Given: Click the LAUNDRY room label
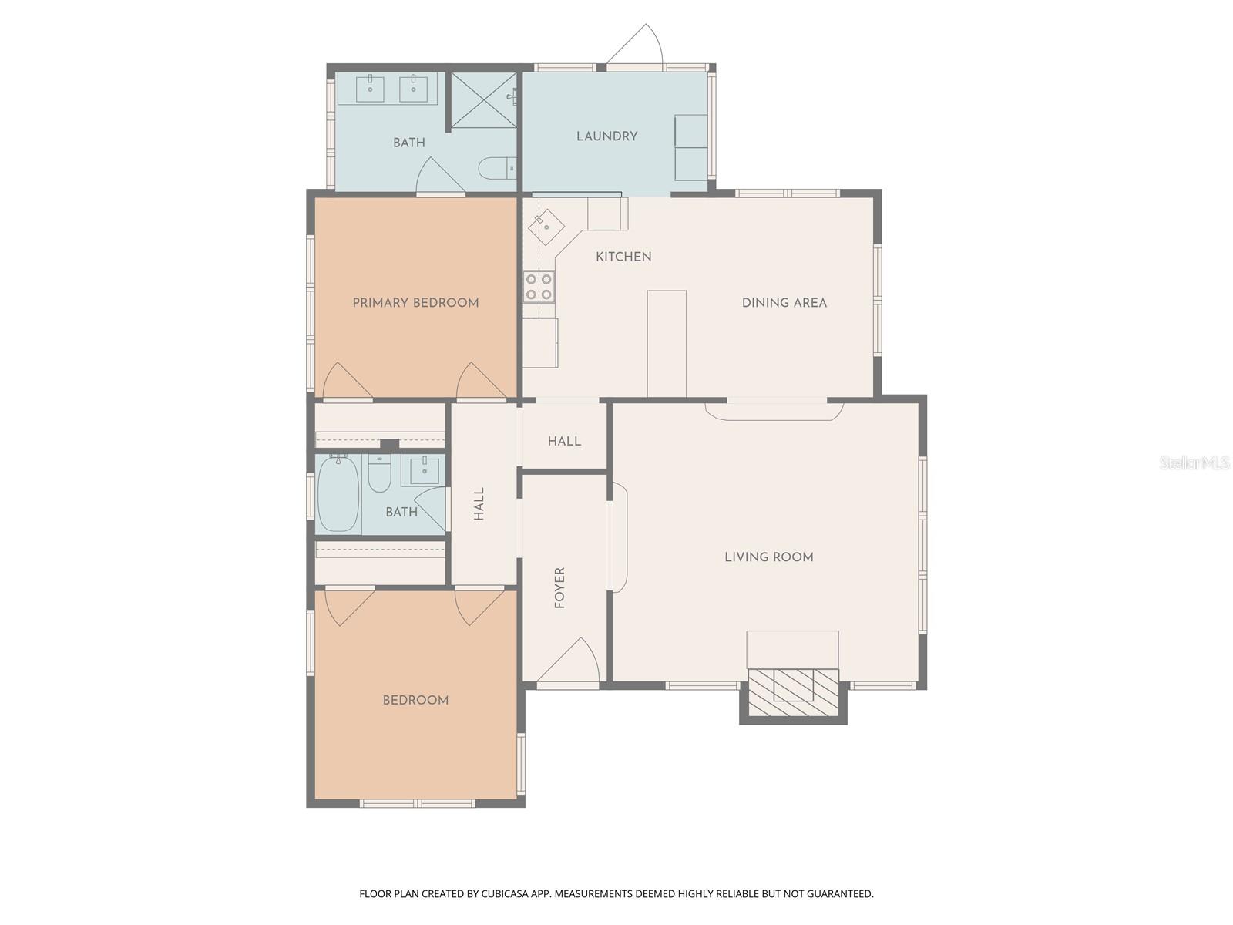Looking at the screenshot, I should coord(606,136).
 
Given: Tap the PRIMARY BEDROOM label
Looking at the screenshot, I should coord(415,303).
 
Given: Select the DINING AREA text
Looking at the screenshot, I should coord(784,303).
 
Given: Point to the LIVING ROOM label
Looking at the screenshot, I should coord(768,557).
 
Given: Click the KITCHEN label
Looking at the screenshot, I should coord(623,257).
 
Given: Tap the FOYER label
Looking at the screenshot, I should coord(560,587).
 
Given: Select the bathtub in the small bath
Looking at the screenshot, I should coord(338,494).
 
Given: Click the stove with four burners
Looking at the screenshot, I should coord(539,287).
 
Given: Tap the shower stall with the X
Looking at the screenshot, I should coord(483,100).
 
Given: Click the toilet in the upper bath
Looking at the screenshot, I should coord(496,166).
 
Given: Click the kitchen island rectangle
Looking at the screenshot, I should coord(667,343).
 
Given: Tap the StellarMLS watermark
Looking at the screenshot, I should coord(1194,462).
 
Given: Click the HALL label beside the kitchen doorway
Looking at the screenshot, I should coord(564,441).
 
